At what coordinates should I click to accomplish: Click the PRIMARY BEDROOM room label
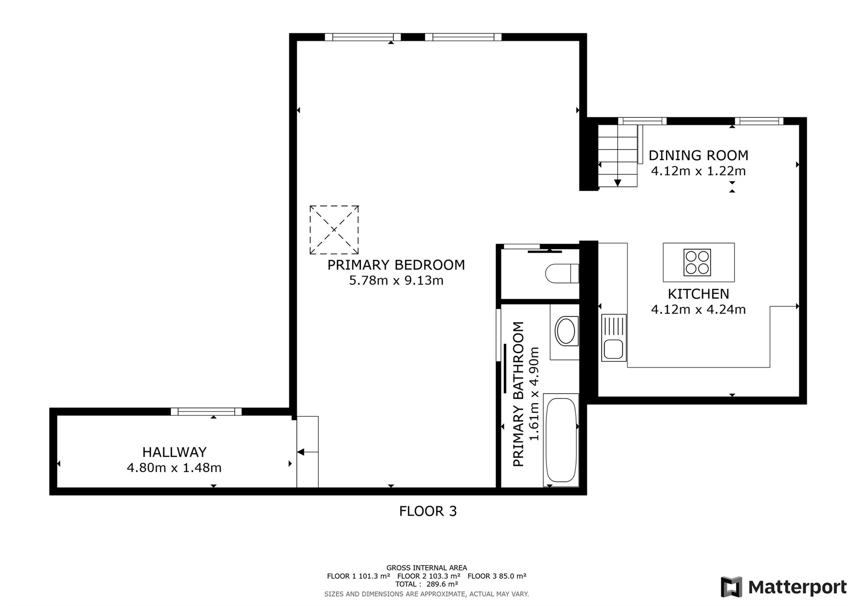(x=396, y=265)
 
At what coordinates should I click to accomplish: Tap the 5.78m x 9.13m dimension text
(x=396, y=281)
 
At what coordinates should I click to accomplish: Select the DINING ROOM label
(x=698, y=156)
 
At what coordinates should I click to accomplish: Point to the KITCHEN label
(x=698, y=294)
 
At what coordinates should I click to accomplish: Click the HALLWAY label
(x=174, y=452)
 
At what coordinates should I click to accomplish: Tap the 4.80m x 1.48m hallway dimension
(x=174, y=468)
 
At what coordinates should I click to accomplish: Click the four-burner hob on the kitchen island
(x=697, y=262)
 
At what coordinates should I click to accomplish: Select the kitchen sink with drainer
(x=613, y=337)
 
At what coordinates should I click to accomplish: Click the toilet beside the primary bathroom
(x=562, y=274)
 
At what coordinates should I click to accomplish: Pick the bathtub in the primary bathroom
(x=561, y=440)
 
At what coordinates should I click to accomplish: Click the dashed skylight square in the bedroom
(x=334, y=230)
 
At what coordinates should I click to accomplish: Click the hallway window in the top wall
(x=206, y=411)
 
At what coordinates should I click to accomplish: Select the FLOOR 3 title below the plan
(x=428, y=511)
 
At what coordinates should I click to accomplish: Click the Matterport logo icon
(x=732, y=587)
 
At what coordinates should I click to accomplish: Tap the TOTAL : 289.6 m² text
(x=427, y=584)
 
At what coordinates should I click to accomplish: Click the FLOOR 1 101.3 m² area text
(x=358, y=576)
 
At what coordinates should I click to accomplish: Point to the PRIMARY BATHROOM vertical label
(x=518, y=394)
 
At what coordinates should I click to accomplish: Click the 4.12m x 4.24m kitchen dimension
(x=698, y=309)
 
